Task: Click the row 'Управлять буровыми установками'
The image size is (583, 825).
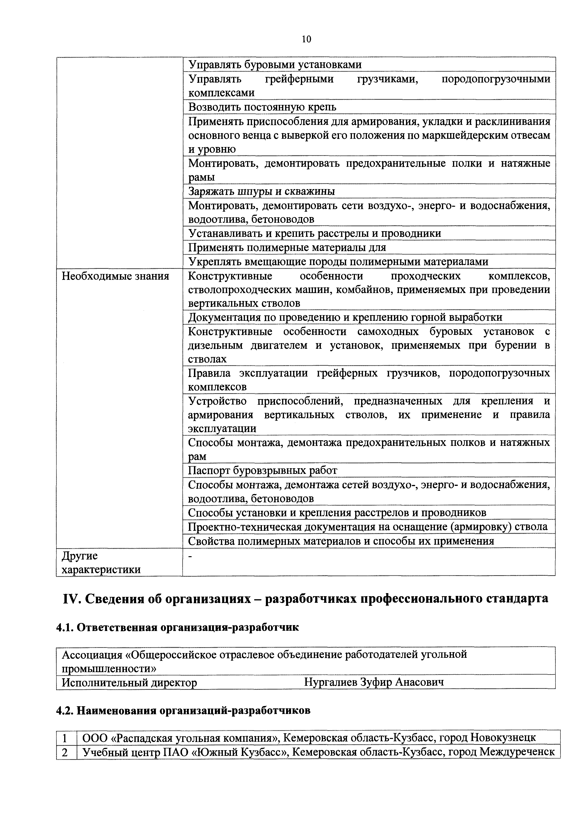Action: coord(275,65)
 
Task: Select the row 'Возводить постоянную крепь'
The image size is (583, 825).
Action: coord(262,107)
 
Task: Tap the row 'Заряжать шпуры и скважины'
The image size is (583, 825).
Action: coord(261,191)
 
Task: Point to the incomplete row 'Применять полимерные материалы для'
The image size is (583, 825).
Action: coord(287,248)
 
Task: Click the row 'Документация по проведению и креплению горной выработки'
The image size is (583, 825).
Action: coord(345,317)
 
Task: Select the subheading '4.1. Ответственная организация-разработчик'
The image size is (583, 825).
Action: coord(177,627)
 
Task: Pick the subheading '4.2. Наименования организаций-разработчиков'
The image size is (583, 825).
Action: coord(183,711)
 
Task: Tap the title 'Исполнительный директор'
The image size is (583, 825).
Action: coord(129,682)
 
